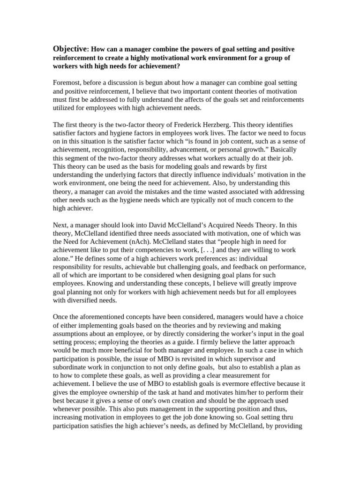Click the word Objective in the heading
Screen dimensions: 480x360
(x=70, y=49)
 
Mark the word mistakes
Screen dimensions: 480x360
(x=156, y=192)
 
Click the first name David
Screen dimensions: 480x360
(x=148, y=225)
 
